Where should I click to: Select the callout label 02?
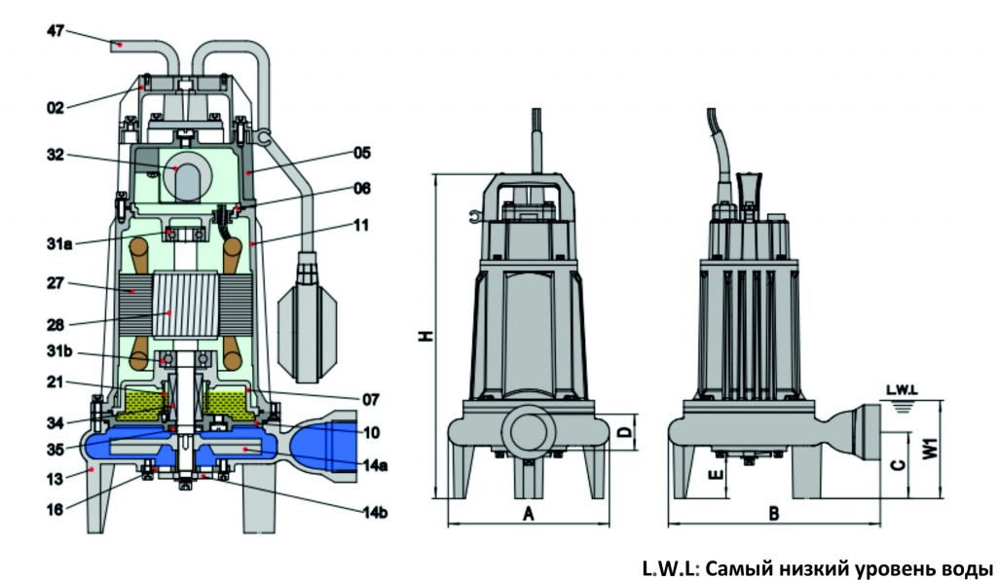pyautogui.click(x=55, y=107)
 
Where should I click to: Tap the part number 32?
pyautogui.click(x=54, y=154)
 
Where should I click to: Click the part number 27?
pyautogui.click(x=54, y=286)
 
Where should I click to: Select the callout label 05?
pyautogui.click(x=362, y=153)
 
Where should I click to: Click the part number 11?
pyautogui.click(x=361, y=225)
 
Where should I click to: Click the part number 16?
pyautogui.click(x=55, y=507)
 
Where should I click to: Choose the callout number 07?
pyautogui.click(x=370, y=399)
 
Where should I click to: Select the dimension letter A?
pyautogui.click(x=528, y=513)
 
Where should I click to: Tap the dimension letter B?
pyautogui.click(x=773, y=513)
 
